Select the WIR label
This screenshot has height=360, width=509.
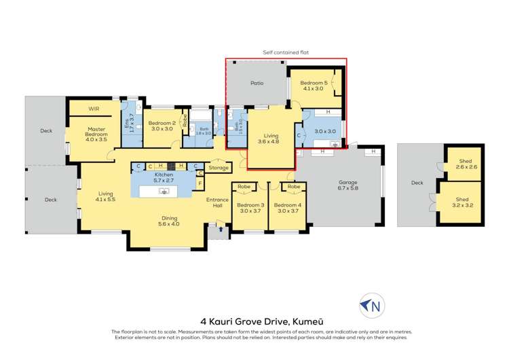coord(94,108)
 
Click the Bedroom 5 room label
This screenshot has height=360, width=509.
coord(316,86)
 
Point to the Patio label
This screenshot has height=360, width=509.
coord(257,84)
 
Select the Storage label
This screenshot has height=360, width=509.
coord(219,167)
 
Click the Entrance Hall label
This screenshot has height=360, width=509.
coord(218,202)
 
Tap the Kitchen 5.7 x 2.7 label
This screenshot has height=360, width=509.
coord(164,178)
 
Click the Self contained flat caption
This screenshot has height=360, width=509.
coord(285,51)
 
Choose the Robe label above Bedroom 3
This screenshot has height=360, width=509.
coord(244,185)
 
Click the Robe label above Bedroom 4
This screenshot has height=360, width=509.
coord(293,185)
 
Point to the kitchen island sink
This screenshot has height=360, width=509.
coord(164,192)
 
